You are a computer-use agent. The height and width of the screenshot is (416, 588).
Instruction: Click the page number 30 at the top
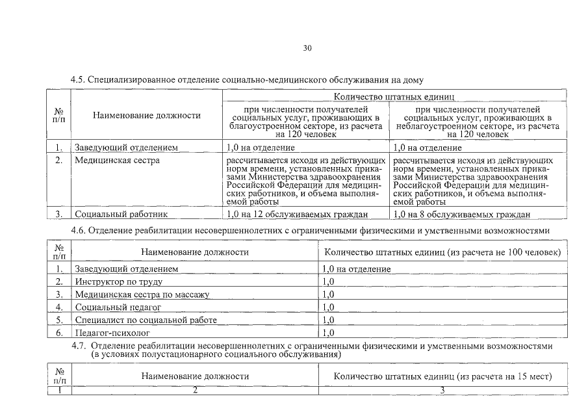click(x=307, y=48)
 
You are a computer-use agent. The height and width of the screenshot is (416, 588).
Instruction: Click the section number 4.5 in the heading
click(x=78, y=80)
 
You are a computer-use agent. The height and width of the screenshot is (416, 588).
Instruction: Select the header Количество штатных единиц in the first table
click(x=394, y=96)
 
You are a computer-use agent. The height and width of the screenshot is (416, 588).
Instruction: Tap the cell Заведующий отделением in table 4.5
click(x=126, y=148)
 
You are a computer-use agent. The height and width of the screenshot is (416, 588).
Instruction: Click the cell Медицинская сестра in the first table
click(x=116, y=160)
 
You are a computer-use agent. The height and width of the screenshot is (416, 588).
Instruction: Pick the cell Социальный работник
click(x=121, y=214)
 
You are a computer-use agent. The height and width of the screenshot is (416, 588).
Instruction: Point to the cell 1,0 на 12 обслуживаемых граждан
click(x=298, y=214)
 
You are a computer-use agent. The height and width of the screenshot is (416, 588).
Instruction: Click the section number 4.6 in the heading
click(x=78, y=231)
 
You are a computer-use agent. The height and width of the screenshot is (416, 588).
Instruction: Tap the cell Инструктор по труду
click(x=118, y=281)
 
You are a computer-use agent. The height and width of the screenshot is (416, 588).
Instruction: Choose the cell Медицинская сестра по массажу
click(x=142, y=294)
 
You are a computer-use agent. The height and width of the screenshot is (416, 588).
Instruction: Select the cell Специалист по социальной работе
click(x=146, y=320)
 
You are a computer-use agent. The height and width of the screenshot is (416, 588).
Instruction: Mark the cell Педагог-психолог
click(x=108, y=333)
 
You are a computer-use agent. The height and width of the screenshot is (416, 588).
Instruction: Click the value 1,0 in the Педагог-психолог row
click(x=328, y=333)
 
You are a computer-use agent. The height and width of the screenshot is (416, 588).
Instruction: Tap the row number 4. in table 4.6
click(x=59, y=307)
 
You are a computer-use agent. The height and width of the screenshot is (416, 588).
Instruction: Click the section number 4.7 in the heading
click(x=78, y=346)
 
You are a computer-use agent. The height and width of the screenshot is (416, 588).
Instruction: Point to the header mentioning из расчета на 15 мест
click(x=442, y=376)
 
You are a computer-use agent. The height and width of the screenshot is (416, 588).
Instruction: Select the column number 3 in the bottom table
click(x=442, y=389)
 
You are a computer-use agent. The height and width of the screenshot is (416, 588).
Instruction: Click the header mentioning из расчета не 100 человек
click(x=442, y=252)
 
